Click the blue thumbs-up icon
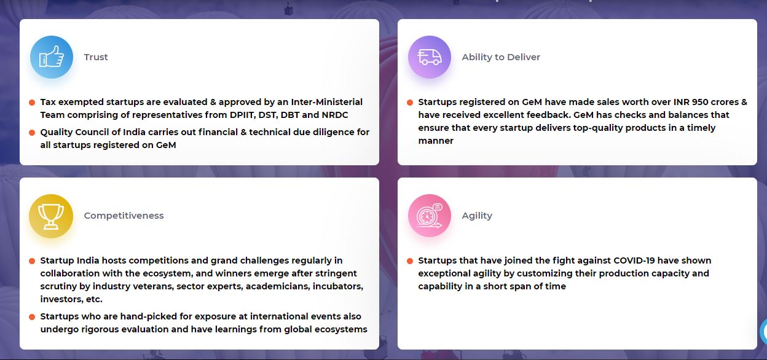coord(52,57)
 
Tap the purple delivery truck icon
coord(430,57)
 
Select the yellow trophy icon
coord(51,216)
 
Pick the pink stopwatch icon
coord(430,216)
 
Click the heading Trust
coord(96,57)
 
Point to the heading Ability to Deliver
coord(501,57)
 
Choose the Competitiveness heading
coord(124,216)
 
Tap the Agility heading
coord(477,216)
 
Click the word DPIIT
coord(242,115)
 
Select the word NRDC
coord(335,115)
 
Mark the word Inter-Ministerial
coord(327,102)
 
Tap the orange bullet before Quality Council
coord(32,133)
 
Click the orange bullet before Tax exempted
coord(32,103)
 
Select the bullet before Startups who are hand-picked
coord(32,317)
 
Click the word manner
coord(436,141)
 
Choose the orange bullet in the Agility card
coord(410,261)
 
